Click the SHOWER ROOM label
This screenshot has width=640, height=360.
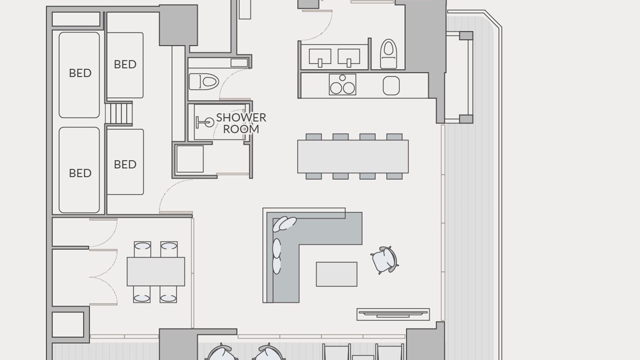[x=241, y=123]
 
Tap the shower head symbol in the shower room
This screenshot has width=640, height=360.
[x=205, y=122]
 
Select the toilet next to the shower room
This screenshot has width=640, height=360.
[x=204, y=81]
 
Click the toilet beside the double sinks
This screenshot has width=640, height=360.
[x=388, y=54]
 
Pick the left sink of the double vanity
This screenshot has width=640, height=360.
[x=320, y=56]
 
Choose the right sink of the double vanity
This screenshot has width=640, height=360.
[x=349, y=56]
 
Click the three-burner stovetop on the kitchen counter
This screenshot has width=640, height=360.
[x=342, y=84]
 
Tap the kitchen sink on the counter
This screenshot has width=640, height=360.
[x=391, y=85]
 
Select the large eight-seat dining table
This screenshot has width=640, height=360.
[x=353, y=156]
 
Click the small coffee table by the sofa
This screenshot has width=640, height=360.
[x=336, y=274]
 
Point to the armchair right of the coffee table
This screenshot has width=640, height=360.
[x=385, y=260]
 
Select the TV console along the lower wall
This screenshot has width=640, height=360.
[x=393, y=314]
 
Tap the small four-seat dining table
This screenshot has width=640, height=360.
[x=156, y=271]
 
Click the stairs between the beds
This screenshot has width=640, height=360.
[x=119, y=113]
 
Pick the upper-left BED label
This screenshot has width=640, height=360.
[x=80, y=73]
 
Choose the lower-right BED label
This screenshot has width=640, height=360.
[x=125, y=164]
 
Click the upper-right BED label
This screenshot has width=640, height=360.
[x=125, y=64]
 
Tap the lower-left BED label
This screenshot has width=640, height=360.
[x=80, y=173]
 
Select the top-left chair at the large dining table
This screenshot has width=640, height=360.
[x=313, y=136]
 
